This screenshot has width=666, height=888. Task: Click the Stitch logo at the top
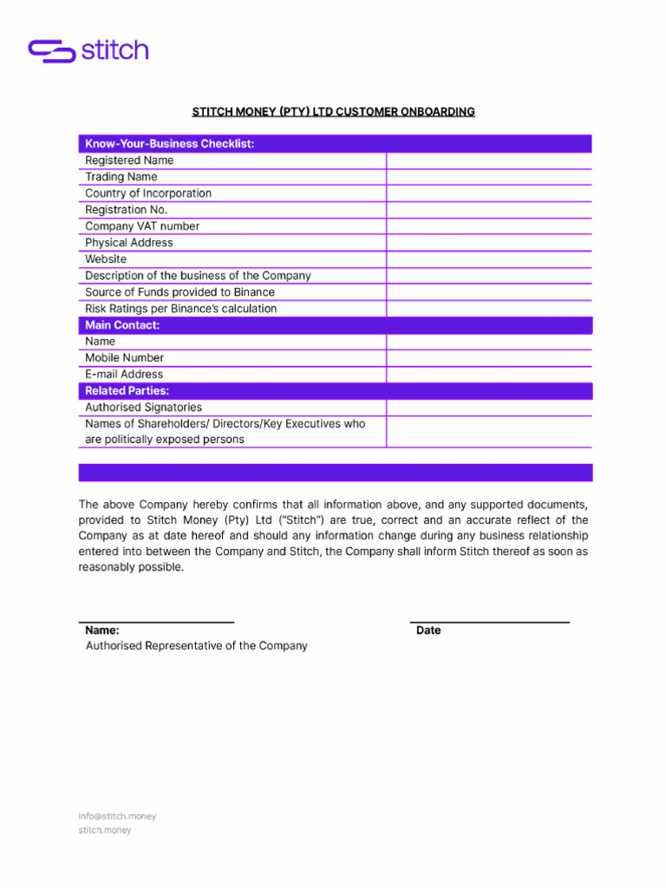point(88,50)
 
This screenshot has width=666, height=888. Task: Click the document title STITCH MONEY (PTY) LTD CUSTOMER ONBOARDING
point(333,112)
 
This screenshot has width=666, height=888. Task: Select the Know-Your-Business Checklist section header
point(169,144)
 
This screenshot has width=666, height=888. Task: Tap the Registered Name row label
point(129,160)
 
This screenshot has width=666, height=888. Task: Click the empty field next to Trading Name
point(489,177)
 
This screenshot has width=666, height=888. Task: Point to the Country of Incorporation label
point(148,193)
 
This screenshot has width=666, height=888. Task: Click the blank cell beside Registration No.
point(489,210)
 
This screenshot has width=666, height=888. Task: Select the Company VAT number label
point(142,226)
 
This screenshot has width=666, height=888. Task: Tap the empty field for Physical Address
point(489,243)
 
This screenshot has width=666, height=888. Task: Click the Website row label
point(106,259)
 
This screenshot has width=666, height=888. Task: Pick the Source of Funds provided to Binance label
point(180,292)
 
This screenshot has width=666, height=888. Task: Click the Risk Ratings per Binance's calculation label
point(181,309)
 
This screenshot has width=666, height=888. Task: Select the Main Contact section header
point(122,325)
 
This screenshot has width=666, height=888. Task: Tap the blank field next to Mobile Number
point(489,358)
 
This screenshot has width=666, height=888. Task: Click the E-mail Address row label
point(124,375)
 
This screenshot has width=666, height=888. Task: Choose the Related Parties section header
point(127,391)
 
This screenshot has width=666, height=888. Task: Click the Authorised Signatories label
point(143,408)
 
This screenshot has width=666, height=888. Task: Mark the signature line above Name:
point(156,621)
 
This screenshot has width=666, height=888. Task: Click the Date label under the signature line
point(428,630)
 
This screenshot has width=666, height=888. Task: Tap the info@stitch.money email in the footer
point(117,816)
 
